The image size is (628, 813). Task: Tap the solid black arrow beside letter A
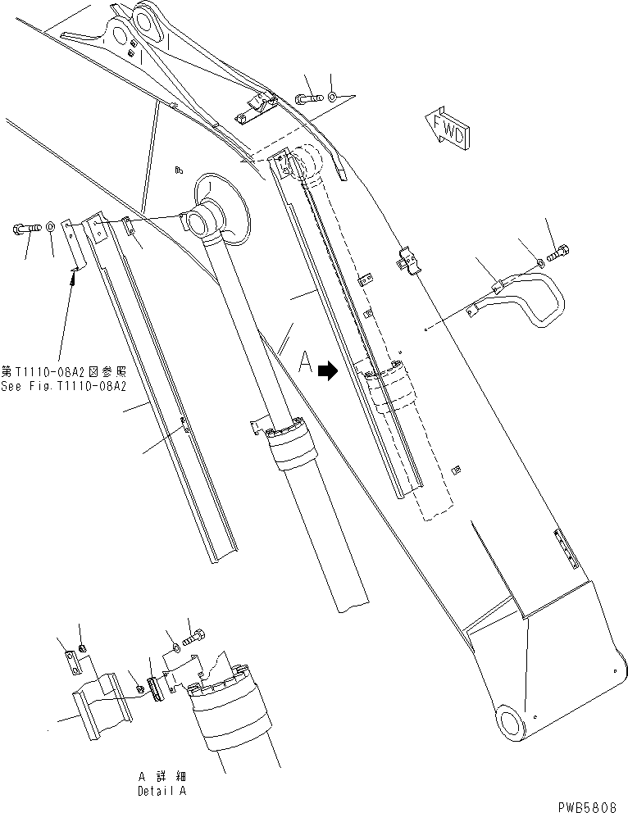click(328, 370)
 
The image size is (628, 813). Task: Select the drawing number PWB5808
click(589, 805)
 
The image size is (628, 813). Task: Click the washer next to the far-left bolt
click(51, 225)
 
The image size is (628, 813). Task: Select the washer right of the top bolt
click(331, 98)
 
